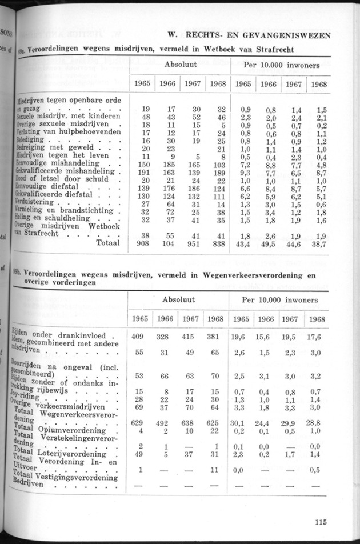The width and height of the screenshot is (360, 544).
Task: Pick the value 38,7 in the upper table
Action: [320, 243]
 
